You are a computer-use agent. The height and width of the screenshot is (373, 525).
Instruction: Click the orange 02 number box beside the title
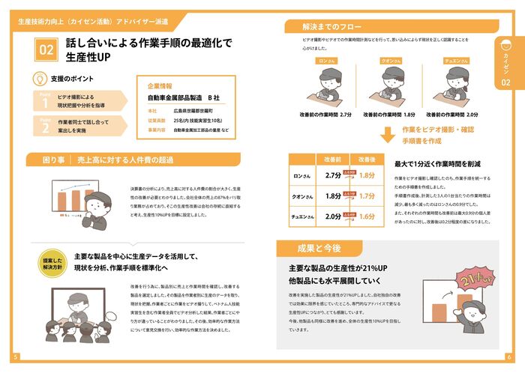[46, 50]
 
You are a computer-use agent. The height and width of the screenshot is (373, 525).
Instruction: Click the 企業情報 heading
[160, 86]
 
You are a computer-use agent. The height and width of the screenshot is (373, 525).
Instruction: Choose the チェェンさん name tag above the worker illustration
[456, 60]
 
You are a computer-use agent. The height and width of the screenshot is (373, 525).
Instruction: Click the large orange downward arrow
[387, 136]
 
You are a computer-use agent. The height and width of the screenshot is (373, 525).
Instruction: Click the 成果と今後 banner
[309, 249]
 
